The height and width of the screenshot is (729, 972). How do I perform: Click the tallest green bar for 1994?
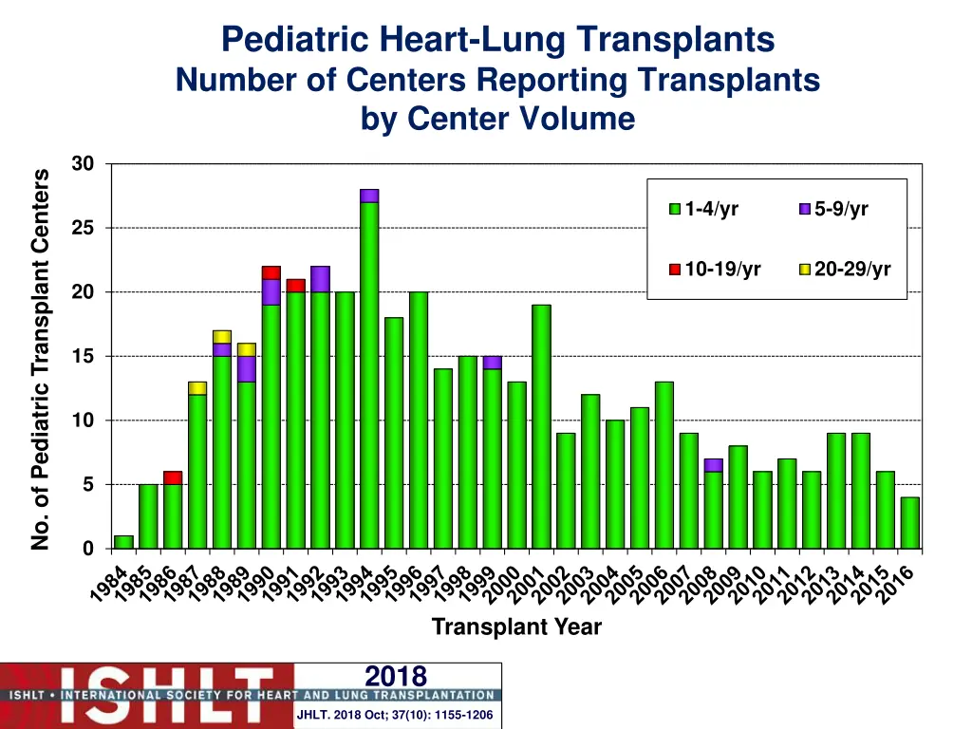(x=369, y=375)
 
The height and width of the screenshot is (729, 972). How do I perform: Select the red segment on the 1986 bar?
(x=173, y=477)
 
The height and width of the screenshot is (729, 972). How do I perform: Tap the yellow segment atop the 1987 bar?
(x=197, y=388)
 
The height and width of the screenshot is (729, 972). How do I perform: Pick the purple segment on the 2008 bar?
(x=713, y=465)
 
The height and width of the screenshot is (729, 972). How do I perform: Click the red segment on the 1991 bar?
(x=295, y=286)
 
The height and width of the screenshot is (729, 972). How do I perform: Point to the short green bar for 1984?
(x=123, y=542)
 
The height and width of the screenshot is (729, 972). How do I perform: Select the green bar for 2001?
(x=541, y=426)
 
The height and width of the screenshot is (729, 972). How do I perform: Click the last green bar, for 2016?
(x=909, y=523)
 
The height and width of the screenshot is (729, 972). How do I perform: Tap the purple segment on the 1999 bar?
(x=492, y=363)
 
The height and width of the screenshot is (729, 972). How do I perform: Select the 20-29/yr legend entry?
(x=845, y=270)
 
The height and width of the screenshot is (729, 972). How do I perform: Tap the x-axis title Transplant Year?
(x=516, y=627)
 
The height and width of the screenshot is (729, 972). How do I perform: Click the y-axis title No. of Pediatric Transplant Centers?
(x=40, y=359)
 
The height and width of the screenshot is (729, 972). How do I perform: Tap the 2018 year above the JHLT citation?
(x=396, y=676)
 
